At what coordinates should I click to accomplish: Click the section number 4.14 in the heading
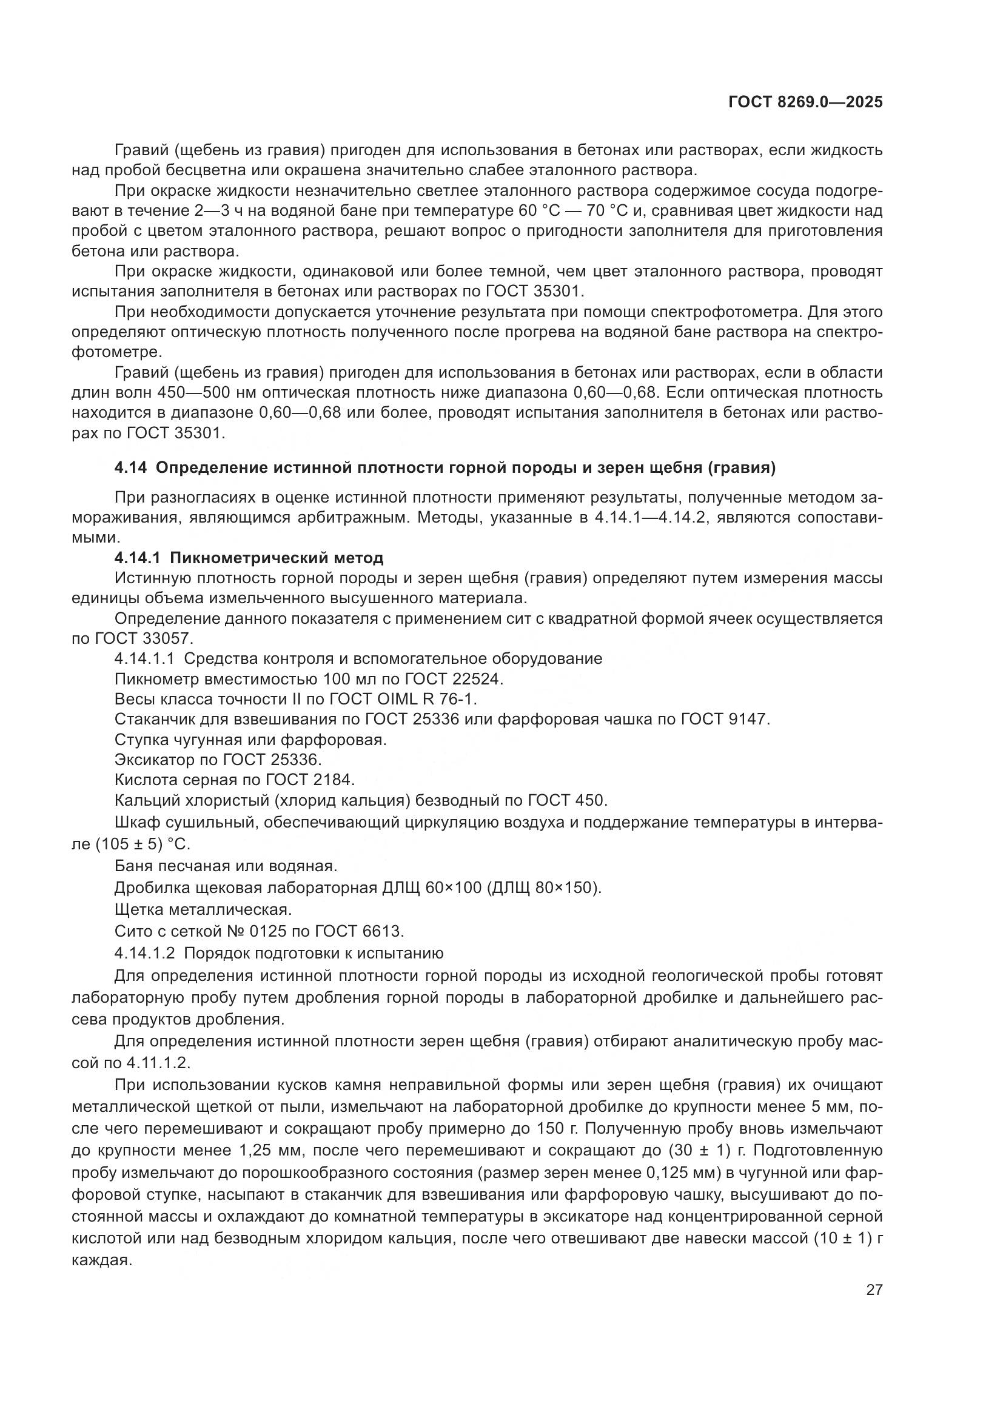[x=130, y=468]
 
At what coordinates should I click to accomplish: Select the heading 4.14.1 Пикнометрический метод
[x=249, y=558]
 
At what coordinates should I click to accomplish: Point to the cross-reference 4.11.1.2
[x=159, y=1063]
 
